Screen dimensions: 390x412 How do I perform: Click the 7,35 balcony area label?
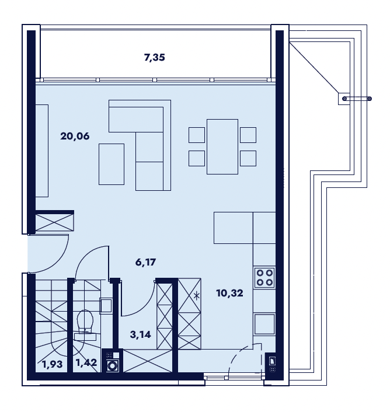(155, 57)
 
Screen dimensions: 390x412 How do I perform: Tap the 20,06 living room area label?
(75, 136)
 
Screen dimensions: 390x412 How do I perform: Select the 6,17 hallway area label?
(145, 262)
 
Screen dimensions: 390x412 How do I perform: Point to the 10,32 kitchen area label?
(229, 293)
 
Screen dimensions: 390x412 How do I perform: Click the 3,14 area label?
(141, 334)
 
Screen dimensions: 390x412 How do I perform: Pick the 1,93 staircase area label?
(53, 364)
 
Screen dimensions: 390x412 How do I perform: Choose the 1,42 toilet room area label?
(86, 362)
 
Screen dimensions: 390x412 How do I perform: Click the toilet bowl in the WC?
(85, 320)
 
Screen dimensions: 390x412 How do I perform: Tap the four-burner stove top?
(264, 277)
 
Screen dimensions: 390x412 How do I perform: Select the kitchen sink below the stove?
(264, 324)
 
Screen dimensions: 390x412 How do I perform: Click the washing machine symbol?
(113, 365)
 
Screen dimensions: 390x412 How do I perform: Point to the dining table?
(222, 146)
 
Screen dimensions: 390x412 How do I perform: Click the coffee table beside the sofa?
(112, 164)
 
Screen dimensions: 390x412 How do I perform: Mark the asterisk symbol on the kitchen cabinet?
(197, 296)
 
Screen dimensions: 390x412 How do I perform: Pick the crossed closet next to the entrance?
(54, 222)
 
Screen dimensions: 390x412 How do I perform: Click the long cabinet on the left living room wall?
(42, 151)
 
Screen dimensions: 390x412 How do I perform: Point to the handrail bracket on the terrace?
(355, 99)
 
